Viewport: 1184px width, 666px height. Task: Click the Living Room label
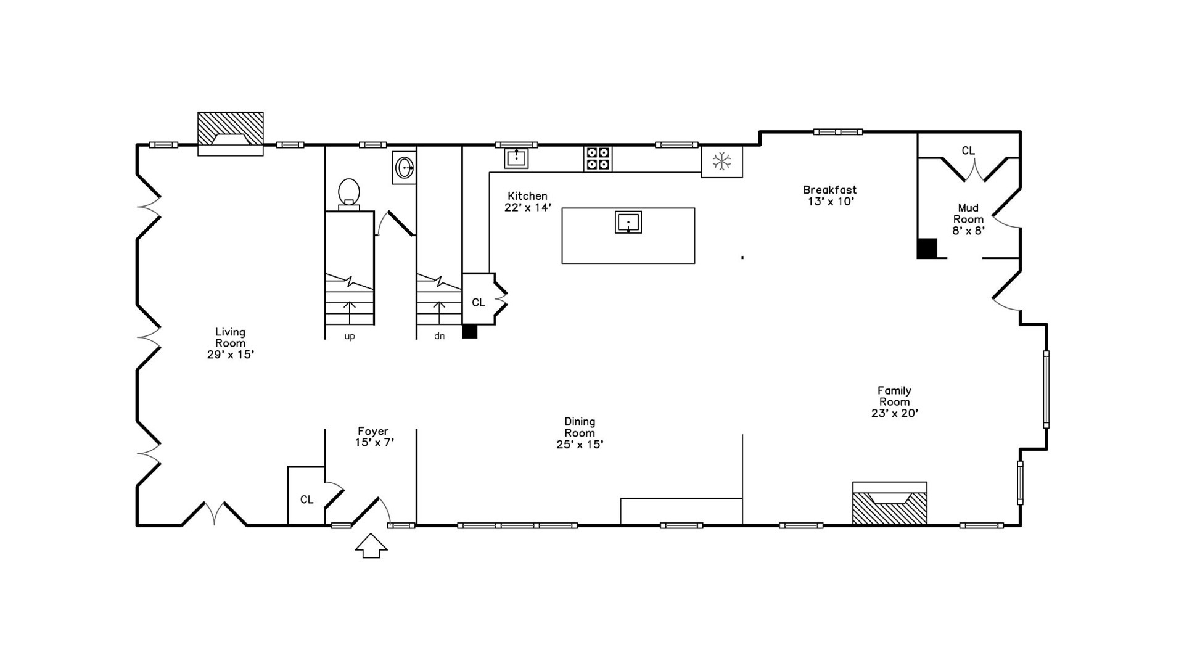click(230, 343)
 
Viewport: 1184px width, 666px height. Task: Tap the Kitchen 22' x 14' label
click(527, 202)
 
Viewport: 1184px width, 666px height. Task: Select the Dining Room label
click(580, 433)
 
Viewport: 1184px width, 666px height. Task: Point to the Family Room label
click(894, 401)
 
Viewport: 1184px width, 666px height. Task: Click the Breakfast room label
click(829, 195)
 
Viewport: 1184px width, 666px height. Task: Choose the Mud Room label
click(968, 219)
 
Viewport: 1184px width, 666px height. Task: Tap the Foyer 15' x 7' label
click(374, 437)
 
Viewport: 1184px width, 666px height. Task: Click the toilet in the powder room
click(349, 192)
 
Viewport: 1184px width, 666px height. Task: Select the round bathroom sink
click(405, 166)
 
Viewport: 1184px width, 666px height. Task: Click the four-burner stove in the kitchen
click(598, 158)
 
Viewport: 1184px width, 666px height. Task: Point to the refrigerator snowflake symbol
click(721, 162)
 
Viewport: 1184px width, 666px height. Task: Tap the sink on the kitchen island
click(628, 222)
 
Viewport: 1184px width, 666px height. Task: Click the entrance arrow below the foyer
click(371, 546)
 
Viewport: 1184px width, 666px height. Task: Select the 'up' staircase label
click(350, 337)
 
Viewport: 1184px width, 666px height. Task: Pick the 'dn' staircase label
click(439, 337)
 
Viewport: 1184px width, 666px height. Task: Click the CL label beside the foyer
click(306, 499)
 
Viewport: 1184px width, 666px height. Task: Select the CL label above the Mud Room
click(968, 150)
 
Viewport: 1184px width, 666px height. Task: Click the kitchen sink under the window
click(516, 158)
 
